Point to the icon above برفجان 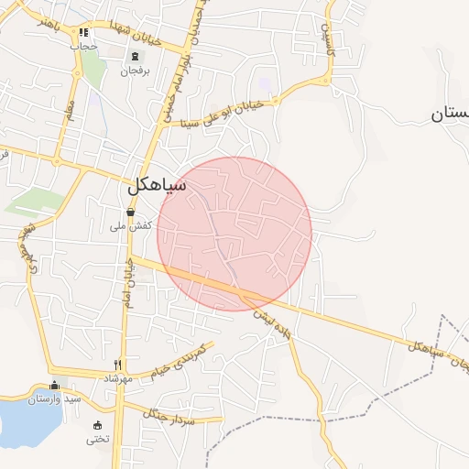pyautogui.click(x=135, y=56)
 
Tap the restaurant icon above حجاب pyautogui.click(x=84, y=33)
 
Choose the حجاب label pyautogui.click(x=84, y=46)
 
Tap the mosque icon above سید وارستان pyautogui.click(x=54, y=386)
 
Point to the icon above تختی pyautogui.click(x=98, y=425)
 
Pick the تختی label pyautogui.click(x=97, y=439)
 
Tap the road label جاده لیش pyautogui.click(x=273, y=324)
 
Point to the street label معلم pyautogui.click(x=68, y=117)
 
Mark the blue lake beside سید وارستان pyautogui.click(x=23, y=420)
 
